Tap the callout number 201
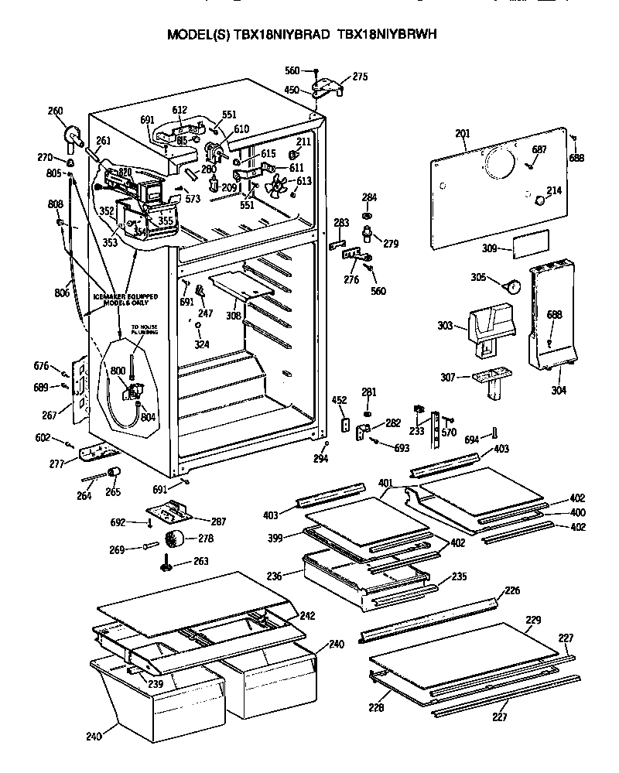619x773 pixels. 462,135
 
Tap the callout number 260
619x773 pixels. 56,111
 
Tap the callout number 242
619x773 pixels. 307,616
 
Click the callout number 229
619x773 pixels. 533,620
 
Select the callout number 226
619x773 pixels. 512,590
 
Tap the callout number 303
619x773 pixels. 445,326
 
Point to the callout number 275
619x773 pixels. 360,77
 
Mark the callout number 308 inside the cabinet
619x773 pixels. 233,315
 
